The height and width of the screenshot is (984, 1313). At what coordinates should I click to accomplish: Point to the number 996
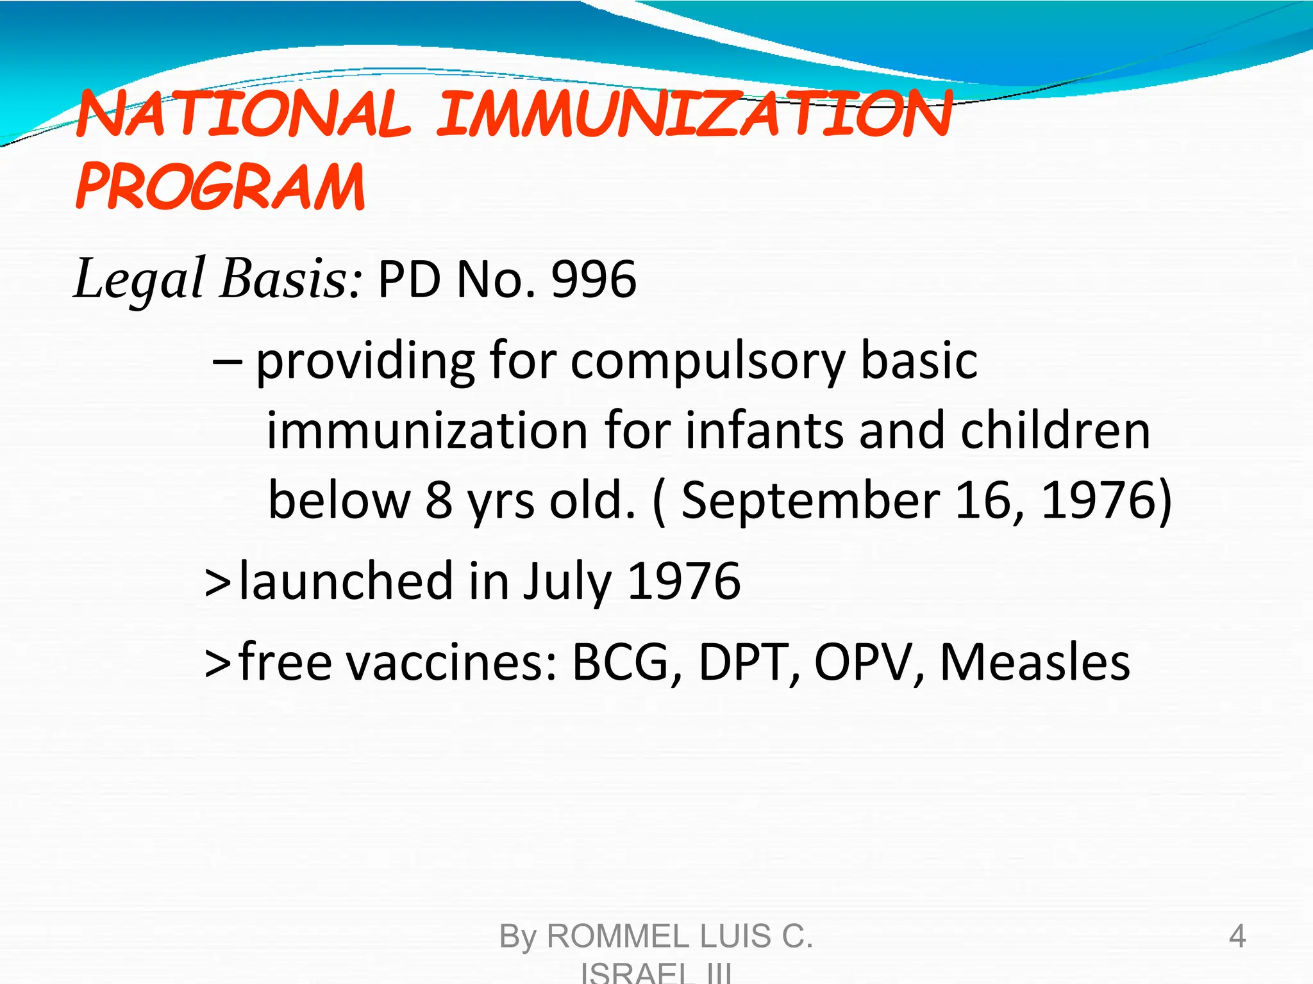(x=594, y=280)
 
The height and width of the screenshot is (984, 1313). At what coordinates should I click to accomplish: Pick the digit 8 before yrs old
(x=439, y=500)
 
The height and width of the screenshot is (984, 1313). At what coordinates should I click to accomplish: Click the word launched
(x=346, y=581)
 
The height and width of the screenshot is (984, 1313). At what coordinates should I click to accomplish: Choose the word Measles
(x=1034, y=662)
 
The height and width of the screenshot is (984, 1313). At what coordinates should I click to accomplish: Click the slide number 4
(x=1237, y=937)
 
